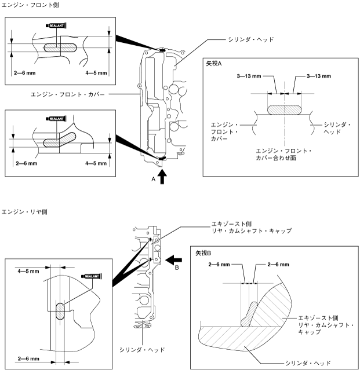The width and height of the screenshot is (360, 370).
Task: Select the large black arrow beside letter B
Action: [173, 258]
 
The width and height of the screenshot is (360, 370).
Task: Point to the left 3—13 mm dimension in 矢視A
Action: [249, 76]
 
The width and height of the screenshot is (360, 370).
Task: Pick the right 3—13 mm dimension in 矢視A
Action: [318, 76]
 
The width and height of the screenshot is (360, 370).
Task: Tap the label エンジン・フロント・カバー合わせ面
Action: [284, 154]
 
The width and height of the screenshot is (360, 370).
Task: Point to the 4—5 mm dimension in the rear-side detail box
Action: [28, 270]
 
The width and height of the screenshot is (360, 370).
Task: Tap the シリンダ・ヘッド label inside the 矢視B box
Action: [307, 362]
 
